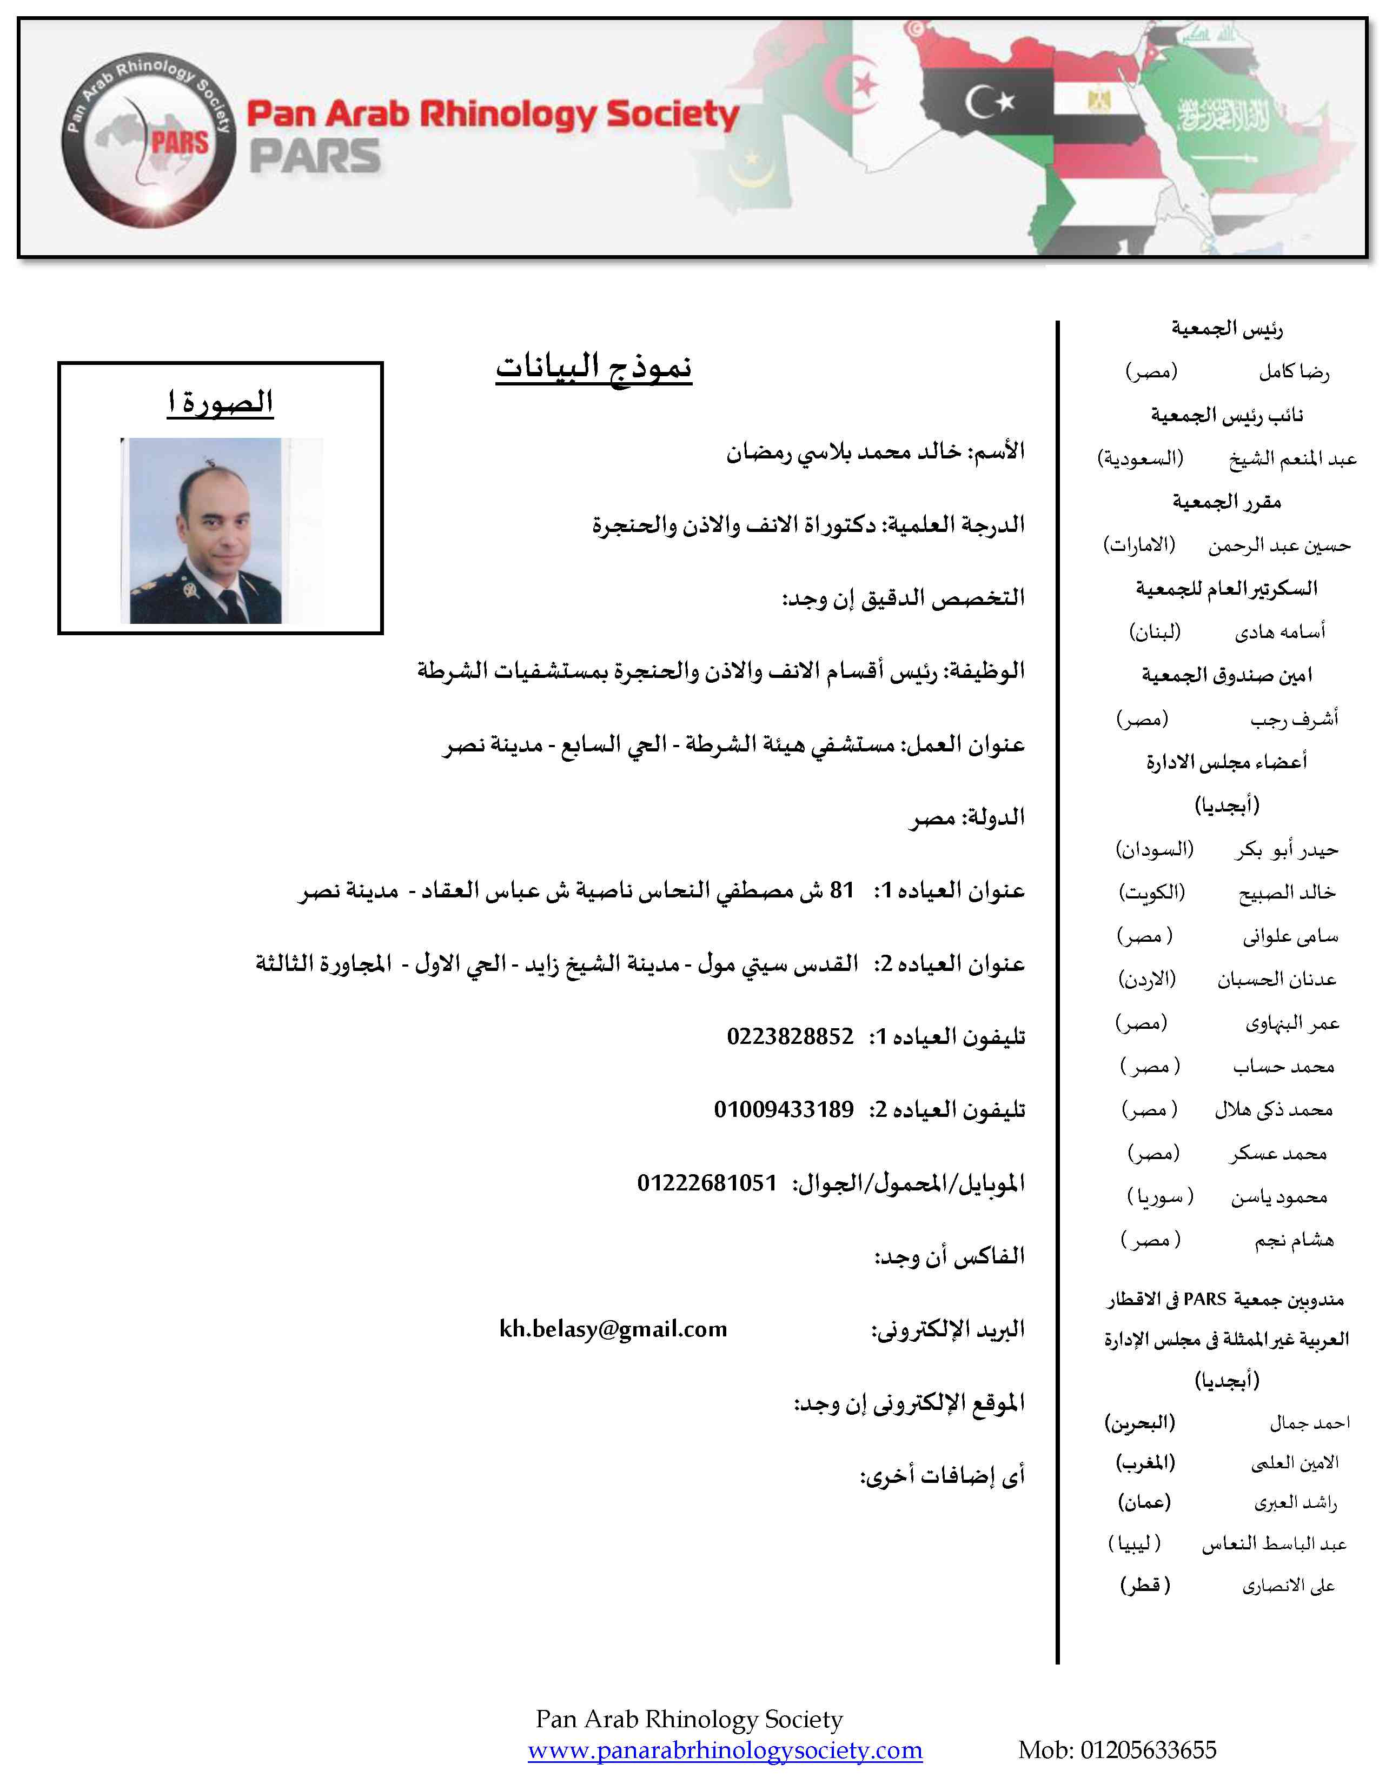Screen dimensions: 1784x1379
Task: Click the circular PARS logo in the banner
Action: (x=149, y=139)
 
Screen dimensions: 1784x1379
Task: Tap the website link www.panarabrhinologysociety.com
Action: (x=725, y=1750)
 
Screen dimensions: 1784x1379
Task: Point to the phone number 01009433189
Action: (x=784, y=1109)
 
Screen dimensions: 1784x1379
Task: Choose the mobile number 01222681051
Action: (x=707, y=1183)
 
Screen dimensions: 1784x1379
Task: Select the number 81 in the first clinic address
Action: (x=841, y=889)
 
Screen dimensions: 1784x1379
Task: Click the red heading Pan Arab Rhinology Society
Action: (x=493, y=115)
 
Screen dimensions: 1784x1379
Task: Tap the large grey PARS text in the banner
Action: (x=315, y=157)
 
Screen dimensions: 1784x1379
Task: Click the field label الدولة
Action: (x=995, y=817)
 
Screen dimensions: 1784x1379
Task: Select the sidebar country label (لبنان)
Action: (x=1155, y=631)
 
